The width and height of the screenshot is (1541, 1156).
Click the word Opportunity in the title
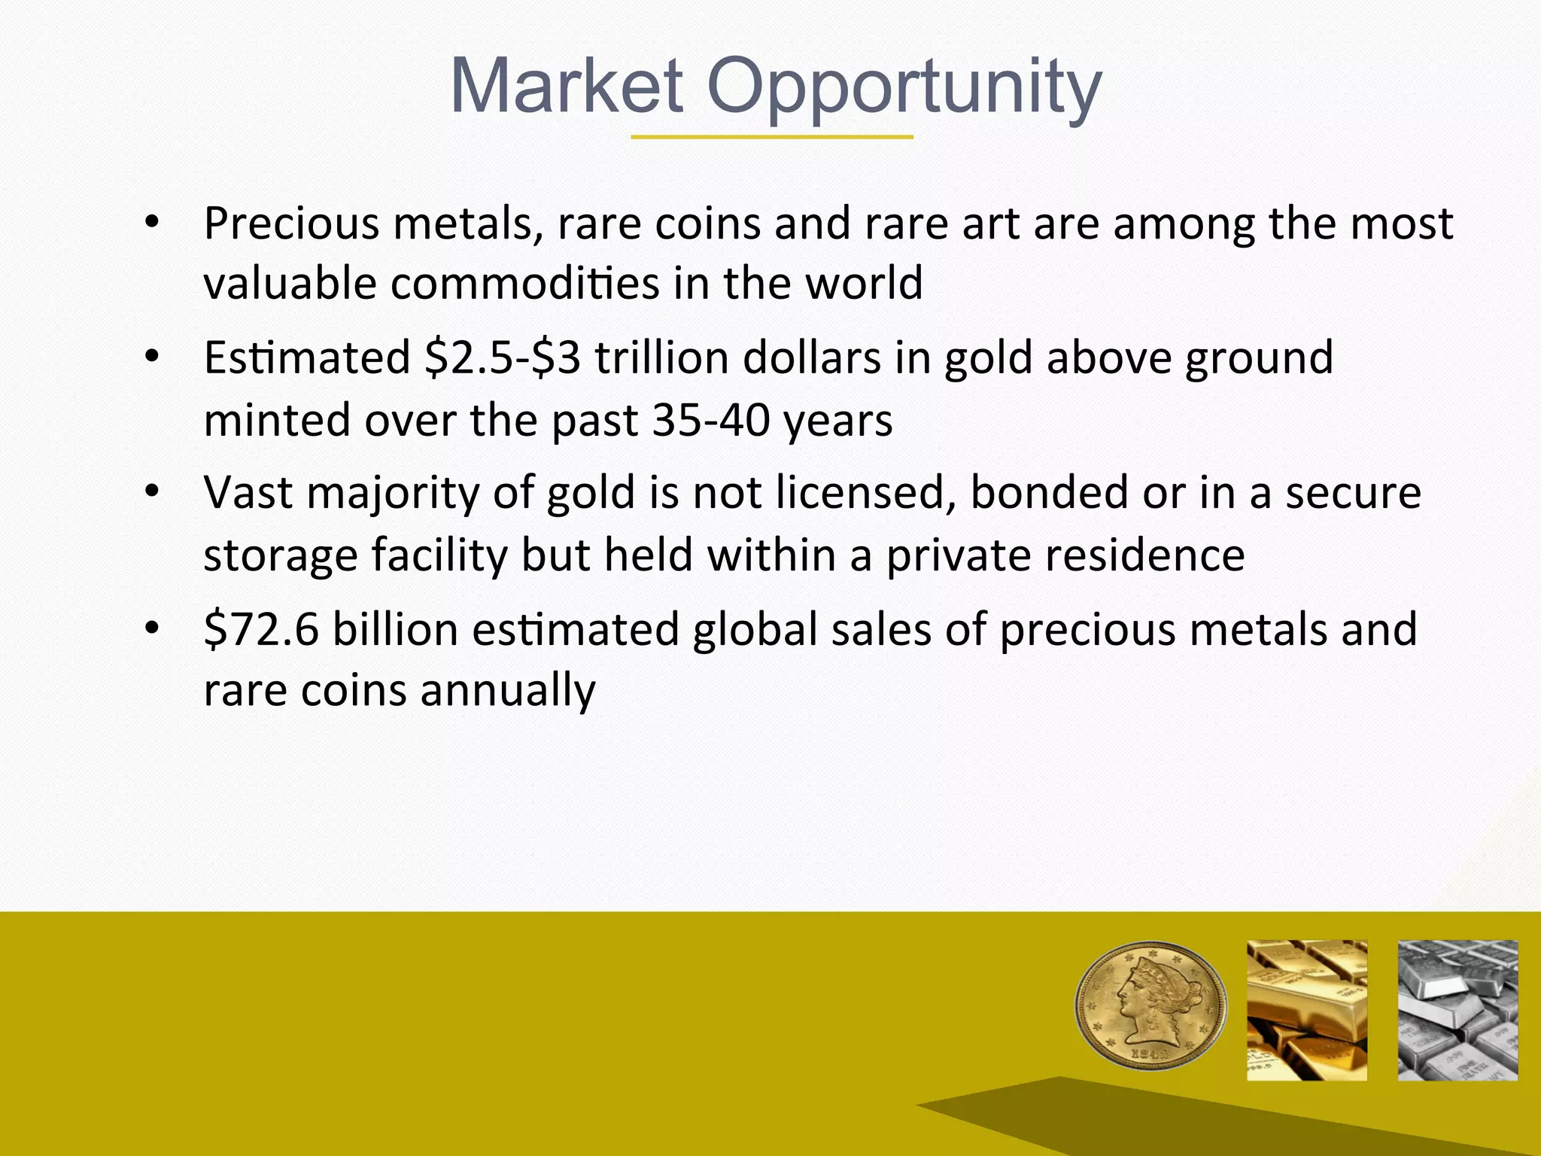click(x=904, y=89)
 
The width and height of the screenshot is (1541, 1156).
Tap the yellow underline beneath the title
click(x=771, y=138)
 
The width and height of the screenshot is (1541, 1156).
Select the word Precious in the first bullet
click(x=291, y=224)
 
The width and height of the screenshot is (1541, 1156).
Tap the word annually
click(x=507, y=691)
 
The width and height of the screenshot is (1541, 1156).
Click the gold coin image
click(x=1150, y=1005)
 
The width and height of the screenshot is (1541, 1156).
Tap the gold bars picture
click(x=1306, y=1009)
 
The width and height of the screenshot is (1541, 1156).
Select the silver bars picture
click(x=1457, y=1009)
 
